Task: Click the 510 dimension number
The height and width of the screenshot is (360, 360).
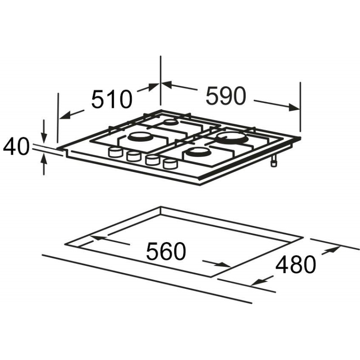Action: (112, 99)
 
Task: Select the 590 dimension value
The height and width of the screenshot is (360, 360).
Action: (226, 95)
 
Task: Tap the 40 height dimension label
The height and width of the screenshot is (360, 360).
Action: (16, 147)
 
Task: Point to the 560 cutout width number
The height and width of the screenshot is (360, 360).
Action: (166, 251)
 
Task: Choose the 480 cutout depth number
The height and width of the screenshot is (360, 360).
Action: (296, 264)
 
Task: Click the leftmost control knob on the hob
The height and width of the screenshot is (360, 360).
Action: (115, 152)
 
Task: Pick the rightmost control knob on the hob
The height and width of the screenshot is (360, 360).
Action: (171, 164)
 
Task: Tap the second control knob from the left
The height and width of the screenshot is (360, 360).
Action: (133, 156)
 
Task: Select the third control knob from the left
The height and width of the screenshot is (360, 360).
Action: (152, 160)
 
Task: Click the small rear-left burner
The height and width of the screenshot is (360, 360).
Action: (171, 122)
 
